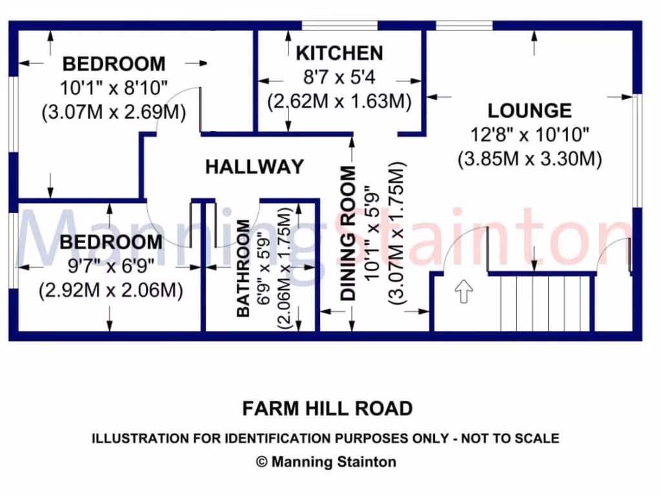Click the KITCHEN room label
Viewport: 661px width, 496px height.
(339, 52)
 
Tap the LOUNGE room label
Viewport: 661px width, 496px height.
(529, 110)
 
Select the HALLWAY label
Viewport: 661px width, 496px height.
(254, 167)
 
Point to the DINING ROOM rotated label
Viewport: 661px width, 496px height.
(349, 233)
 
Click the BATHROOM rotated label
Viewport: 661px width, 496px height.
(243, 268)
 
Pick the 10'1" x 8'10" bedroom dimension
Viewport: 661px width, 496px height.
(114, 87)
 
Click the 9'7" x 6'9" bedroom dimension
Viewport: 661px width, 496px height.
(110, 266)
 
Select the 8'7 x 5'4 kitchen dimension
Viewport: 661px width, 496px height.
(340, 77)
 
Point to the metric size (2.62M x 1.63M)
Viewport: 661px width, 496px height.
(340, 102)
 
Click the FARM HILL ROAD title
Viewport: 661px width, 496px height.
(327, 409)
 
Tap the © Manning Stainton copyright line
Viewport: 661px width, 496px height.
(327, 462)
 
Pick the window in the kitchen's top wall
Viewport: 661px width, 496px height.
(340, 26)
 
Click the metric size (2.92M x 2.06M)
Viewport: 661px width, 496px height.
(110, 291)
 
